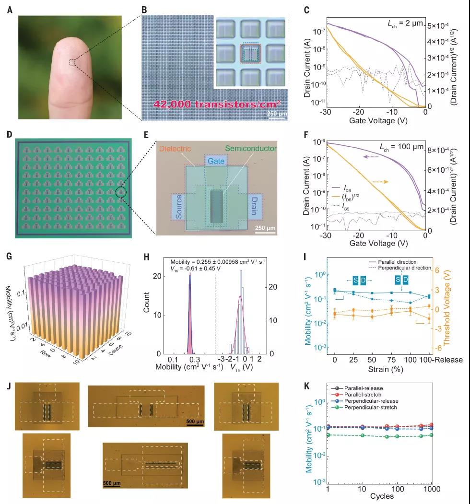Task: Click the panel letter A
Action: [x=10, y=9]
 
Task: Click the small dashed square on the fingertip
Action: [x=72, y=62]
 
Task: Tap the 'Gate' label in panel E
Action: [x=216, y=162]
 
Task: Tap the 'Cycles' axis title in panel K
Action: [x=382, y=496]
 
